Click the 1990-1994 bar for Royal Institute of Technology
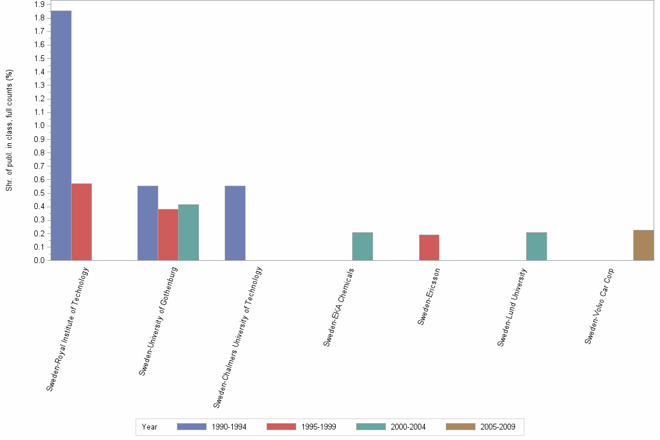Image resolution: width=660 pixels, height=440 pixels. (61, 136)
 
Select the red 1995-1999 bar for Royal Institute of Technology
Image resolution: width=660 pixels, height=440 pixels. (81, 222)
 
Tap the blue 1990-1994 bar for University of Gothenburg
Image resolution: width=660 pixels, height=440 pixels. (148, 223)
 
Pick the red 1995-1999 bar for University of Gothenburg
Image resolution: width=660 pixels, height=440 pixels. (168, 235)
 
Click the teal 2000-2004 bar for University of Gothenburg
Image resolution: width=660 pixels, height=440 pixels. (189, 232)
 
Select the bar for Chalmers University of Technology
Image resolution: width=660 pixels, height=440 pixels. (235, 223)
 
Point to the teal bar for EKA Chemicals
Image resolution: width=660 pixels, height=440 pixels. (363, 246)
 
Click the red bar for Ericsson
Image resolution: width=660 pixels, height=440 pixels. (429, 247)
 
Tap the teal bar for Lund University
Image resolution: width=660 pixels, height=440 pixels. (537, 246)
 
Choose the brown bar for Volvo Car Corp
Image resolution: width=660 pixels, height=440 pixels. (643, 245)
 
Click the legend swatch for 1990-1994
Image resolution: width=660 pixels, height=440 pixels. (191, 427)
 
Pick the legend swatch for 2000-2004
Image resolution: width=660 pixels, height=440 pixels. (371, 427)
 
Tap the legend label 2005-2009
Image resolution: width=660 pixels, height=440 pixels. (498, 427)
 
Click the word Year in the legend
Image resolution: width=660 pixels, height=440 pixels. (150, 427)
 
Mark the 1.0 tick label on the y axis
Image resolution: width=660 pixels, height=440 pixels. (40, 126)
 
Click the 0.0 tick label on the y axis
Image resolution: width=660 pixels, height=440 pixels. (40, 260)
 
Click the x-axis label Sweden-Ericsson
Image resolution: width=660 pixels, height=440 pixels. (430, 297)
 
